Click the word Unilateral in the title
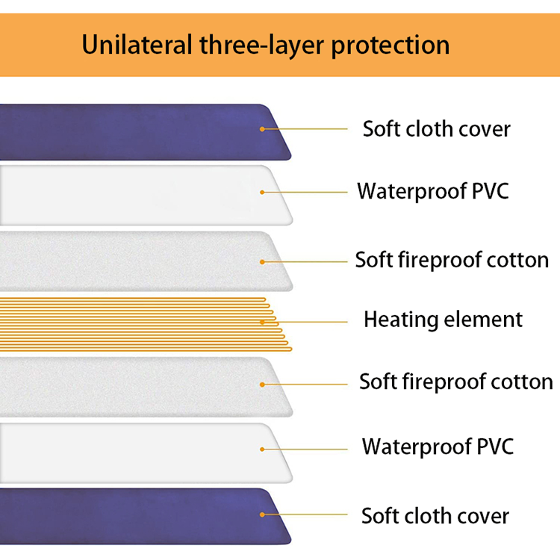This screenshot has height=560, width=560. tap(137, 45)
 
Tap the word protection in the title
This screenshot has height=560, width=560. tap(390, 46)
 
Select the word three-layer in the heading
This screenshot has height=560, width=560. tap(261, 46)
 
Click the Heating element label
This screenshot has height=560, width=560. tap(443, 320)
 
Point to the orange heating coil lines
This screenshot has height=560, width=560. tap(143, 324)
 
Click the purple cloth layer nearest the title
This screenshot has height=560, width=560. tap(143, 132)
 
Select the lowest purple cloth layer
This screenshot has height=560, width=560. tap(143, 517)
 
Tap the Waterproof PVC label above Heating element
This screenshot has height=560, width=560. tap(433, 191)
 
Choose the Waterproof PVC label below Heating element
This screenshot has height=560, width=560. tap(438, 447)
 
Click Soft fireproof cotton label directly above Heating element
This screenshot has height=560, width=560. tap(452, 260)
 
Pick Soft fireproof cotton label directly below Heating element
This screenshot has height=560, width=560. tap(456, 382)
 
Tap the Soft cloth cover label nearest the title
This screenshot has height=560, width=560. tap(437, 129)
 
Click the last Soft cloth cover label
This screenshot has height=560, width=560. tap(435, 516)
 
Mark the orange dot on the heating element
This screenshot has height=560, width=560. tap(262, 322)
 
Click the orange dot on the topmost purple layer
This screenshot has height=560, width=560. tap(262, 129)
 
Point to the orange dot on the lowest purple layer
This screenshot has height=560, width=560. tap(262, 514)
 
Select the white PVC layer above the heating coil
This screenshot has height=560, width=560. tap(143, 196)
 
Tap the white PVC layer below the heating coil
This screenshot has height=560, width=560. tap(143, 453)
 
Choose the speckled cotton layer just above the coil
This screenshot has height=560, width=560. tap(143, 261)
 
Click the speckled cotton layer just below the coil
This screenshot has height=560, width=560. tap(143, 387)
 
